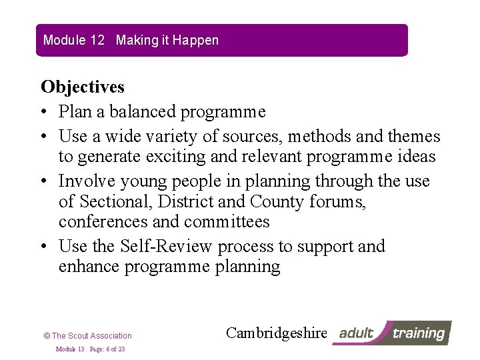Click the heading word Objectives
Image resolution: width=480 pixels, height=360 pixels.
click(x=83, y=87)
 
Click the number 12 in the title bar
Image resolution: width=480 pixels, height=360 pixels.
click(x=97, y=40)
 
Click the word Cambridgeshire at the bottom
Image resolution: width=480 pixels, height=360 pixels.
click(x=277, y=333)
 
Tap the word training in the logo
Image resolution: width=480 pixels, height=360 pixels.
click(x=419, y=333)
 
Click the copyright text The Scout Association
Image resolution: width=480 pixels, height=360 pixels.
click(x=91, y=336)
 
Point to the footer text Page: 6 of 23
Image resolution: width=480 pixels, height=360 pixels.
click(x=107, y=349)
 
